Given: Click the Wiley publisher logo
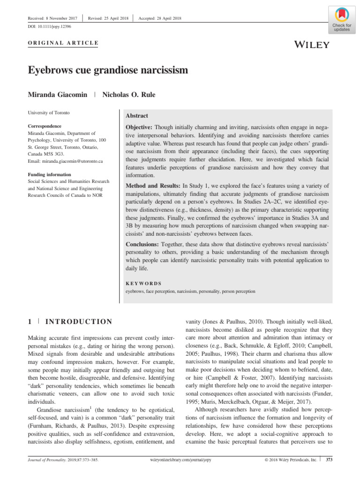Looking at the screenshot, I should tap(312, 45).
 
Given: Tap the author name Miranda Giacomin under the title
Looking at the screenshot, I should tap(58, 94).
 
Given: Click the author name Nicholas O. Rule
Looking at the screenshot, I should tap(129, 94).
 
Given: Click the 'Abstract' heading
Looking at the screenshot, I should tap(137, 116).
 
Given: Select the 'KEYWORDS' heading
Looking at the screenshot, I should tap(144, 284).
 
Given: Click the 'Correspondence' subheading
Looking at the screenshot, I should tap(45, 126).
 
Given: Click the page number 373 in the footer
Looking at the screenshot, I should tap(329, 460).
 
